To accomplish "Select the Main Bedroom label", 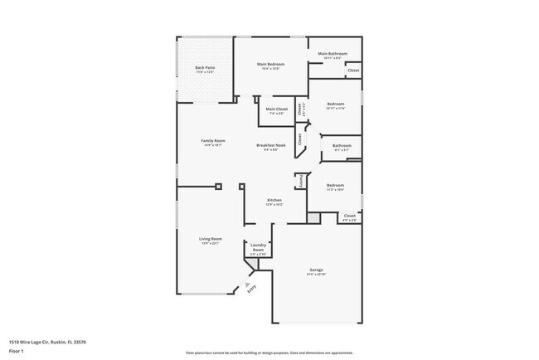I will coord(271,64).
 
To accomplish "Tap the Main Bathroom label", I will coord(333,54).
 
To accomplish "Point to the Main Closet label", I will coord(276,109).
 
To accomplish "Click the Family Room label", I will coord(213,141).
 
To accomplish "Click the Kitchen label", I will coord(274,200).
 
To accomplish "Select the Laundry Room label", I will coord(258,247).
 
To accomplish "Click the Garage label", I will coord(316,270).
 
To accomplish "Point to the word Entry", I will coord(252,288).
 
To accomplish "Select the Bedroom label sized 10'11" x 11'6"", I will coord(335,105).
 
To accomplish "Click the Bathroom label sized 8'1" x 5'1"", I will coord(342,146).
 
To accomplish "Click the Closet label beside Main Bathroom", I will coord(353,71).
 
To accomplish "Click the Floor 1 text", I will coord(17,352).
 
